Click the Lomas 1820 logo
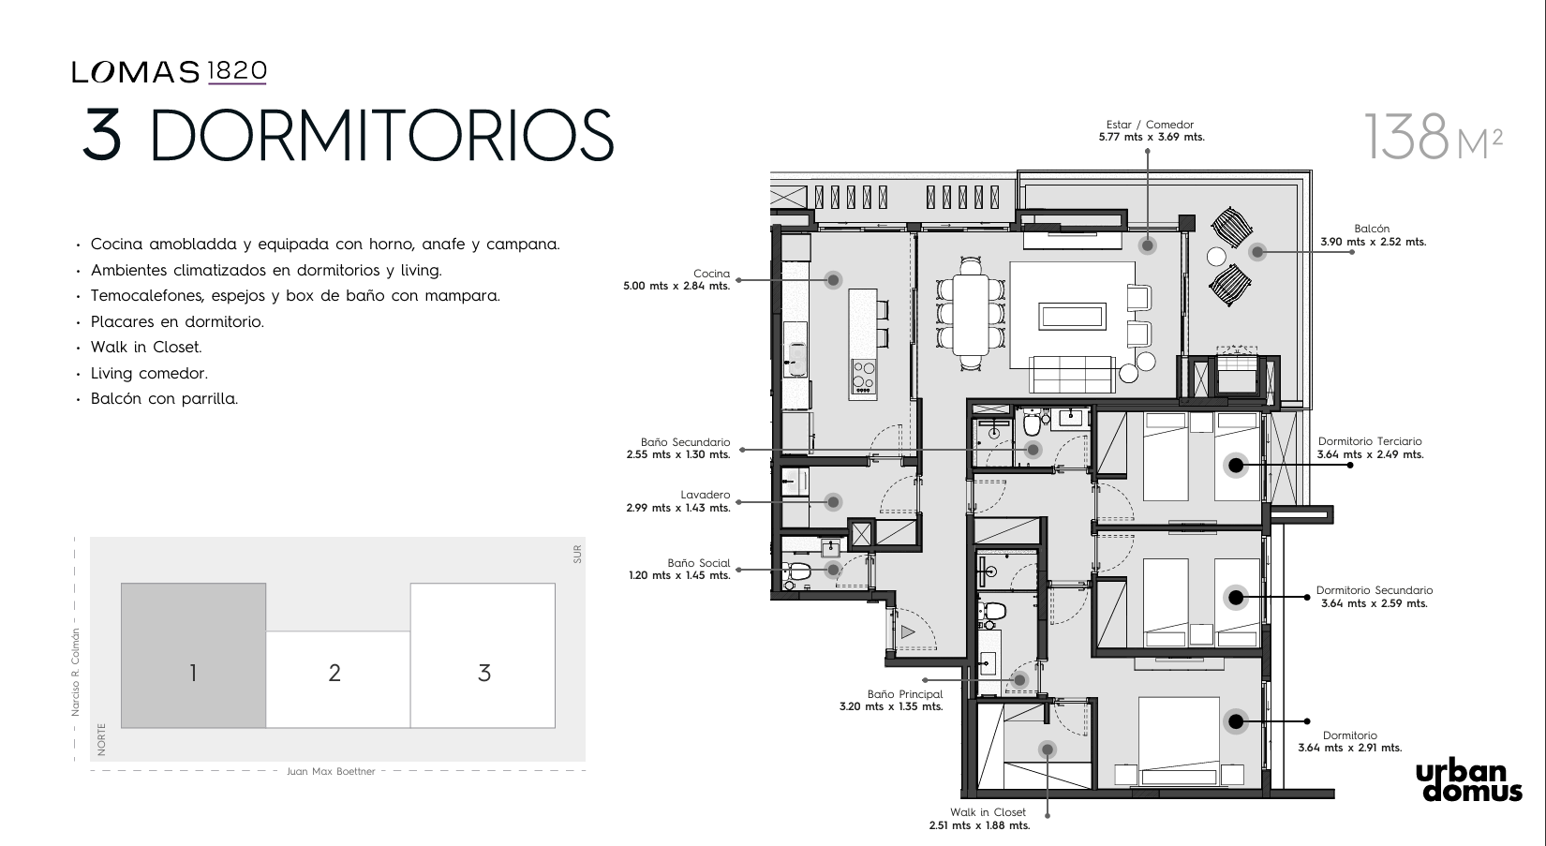[x=169, y=72]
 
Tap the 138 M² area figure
[x=1433, y=137]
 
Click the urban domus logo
[x=1469, y=782]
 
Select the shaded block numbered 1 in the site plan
[x=193, y=656]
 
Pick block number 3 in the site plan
[x=483, y=656]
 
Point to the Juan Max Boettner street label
[x=332, y=771]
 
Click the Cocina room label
[x=711, y=274]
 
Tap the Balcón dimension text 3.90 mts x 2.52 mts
[x=1374, y=243]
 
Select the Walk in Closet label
[x=988, y=812]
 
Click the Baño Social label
[x=698, y=563]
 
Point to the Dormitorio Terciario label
[x=1370, y=441]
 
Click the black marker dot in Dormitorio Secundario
[x=1236, y=597]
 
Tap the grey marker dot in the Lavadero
[x=833, y=501]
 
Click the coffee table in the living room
[x=1073, y=317]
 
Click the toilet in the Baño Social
[x=797, y=571]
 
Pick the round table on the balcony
[x=1216, y=257]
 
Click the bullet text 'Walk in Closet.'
[x=146, y=347]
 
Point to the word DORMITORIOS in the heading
[x=381, y=135]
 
